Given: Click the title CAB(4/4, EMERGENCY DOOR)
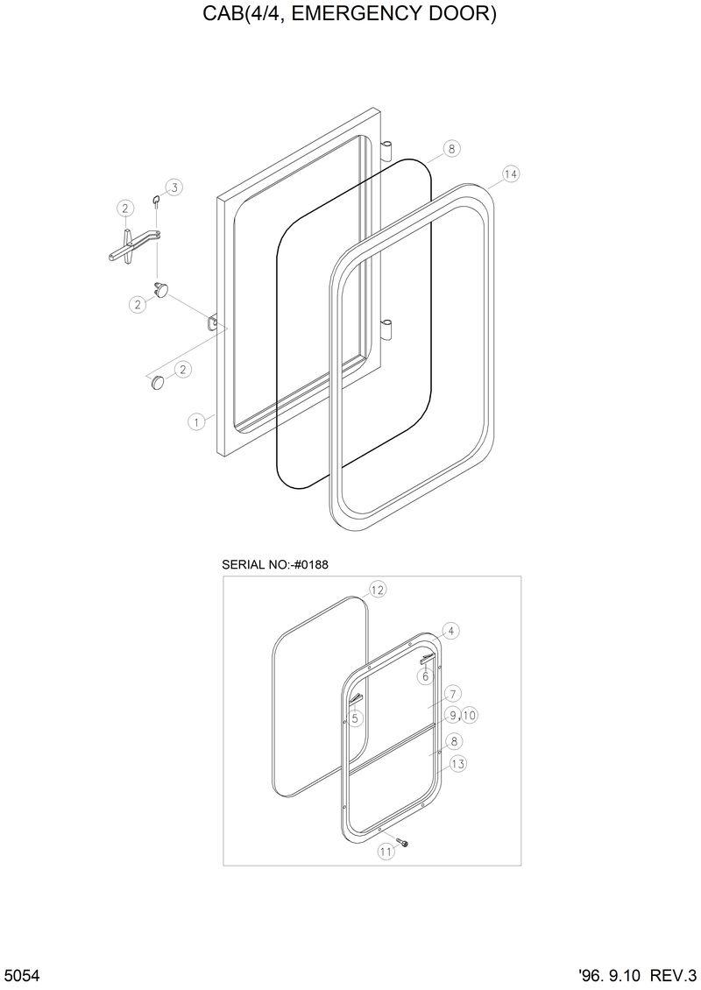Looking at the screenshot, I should click(x=350, y=15).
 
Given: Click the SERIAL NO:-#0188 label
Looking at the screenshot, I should click(x=276, y=564).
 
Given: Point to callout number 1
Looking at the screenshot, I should click(x=197, y=421).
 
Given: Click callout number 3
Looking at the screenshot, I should click(x=173, y=187).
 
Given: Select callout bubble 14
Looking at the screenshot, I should click(x=511, y=174).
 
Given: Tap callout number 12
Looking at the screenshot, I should click(x=377, y=590).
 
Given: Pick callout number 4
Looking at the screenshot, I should click(x=450, y=631).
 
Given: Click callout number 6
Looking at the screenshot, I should click(x=425, y=676).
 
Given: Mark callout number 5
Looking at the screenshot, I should click(x=355, y=718).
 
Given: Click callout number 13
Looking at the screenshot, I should click(x=457, y=764).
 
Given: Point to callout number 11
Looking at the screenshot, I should click(x=385, y=851).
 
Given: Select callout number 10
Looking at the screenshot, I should click(x=469, y=716).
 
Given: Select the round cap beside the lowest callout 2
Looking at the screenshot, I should click(x=157, y=382).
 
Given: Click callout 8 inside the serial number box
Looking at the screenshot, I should click(x=453, y=741).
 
